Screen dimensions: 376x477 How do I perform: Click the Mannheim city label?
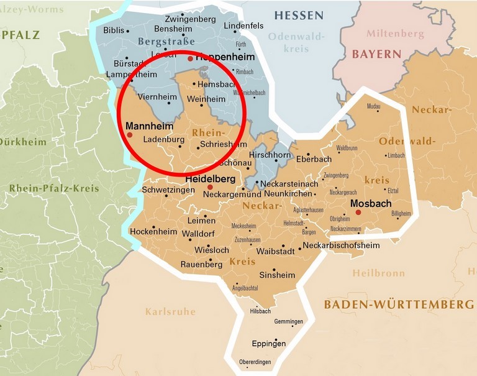click(149, 126)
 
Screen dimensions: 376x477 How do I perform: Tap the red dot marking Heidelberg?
click(210, 187)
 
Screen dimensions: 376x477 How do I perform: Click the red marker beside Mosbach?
click(358, 213)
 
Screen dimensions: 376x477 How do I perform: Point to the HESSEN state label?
click(299, 16)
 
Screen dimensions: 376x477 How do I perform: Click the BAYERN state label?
click(376, 54)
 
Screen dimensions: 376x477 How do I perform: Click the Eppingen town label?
click(268, 344)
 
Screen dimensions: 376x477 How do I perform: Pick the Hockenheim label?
click(153, 231)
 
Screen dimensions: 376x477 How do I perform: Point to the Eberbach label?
click(314, 159)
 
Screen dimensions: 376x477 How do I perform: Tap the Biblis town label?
click(114, 30)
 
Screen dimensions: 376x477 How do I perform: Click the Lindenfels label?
click(243, 25)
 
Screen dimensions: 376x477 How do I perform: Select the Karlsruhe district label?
click(170, 311)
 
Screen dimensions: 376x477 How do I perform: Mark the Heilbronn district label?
click(378, 273)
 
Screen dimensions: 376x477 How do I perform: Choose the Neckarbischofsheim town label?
click(341, 245)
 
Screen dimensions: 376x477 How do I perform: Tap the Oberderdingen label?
click(256, 362)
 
